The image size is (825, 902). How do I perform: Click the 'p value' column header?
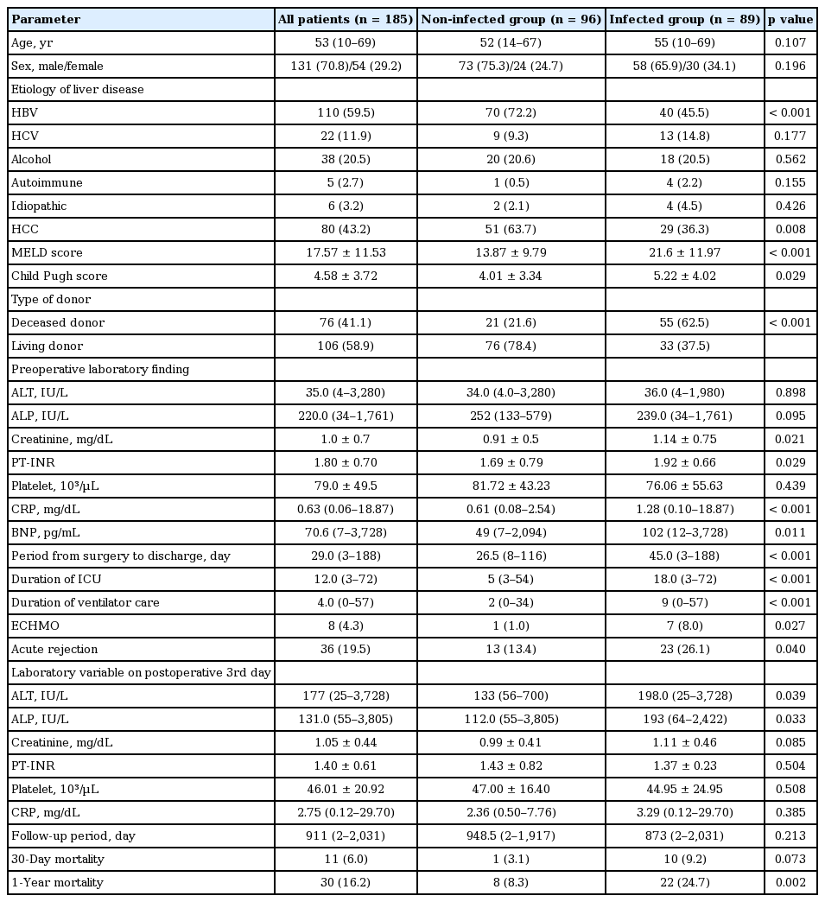click(x=790, y=19)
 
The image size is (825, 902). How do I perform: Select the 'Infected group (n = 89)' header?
click(x=685, y=19)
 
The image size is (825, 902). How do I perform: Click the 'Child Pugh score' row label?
click(x=53, y=276)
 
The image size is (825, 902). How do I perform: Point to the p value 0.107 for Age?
click(x=790, y=42)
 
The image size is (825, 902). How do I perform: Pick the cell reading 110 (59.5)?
click(x=346, y=112)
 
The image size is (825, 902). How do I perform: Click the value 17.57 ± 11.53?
click(x=346, y=252)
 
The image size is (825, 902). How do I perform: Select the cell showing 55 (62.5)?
click(x=685, y=322)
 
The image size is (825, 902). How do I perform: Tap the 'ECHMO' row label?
click(x=32, y=626)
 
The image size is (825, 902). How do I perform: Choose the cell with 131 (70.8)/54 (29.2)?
click(x=346, y=66)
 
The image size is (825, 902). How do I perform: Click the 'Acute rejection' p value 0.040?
click(x=790, y=649)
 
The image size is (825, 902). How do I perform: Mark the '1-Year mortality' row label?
click(x=57, y=882)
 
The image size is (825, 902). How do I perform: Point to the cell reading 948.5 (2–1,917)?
click(x=511, y=835)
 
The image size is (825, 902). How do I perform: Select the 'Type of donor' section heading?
click(x=51, y=299)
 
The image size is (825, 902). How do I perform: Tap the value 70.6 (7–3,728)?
click(x=346, y=532)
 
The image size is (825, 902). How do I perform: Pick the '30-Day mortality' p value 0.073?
click(x=790, y=859)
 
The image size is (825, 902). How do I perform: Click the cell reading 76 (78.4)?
click(x=511, y=346)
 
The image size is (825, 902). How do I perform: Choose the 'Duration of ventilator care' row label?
click(x=85, y=602)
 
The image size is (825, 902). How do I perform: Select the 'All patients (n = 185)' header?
click(x=346, y=19)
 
